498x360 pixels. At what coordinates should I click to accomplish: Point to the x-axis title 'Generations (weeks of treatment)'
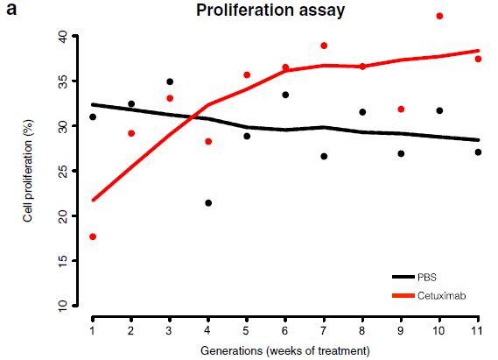[284, 350]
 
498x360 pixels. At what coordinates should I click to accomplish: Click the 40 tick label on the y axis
[63, 37]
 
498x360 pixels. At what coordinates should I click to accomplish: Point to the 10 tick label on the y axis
[63, 306]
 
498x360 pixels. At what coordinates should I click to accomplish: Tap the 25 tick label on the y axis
[63, 172]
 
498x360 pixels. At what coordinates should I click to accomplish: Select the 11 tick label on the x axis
[477, 329]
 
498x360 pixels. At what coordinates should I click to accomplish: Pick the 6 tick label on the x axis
[285, 329]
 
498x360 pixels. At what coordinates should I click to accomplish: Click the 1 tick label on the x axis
[93, 329]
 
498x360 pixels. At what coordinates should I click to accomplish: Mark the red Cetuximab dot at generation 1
[93, 236]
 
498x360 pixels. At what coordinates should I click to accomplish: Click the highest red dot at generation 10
[439, 16]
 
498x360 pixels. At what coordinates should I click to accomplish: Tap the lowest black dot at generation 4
[208, 203]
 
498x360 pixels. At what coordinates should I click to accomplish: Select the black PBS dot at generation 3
[170, 81]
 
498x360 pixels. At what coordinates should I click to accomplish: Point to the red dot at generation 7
[324, 46]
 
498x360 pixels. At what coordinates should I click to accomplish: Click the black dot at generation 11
[478, 152]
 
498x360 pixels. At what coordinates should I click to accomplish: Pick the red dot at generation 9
[401, 109]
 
